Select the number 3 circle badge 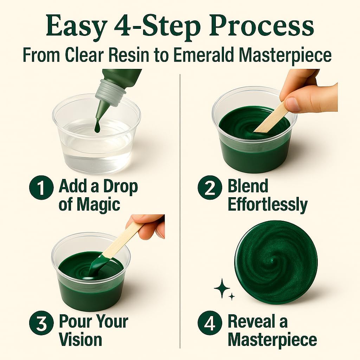(x=41, y=323)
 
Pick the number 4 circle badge (x=210, y=323)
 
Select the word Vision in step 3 (x=81, y=340)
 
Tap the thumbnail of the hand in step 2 (x=291, y=104)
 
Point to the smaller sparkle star (x=232, y=297)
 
